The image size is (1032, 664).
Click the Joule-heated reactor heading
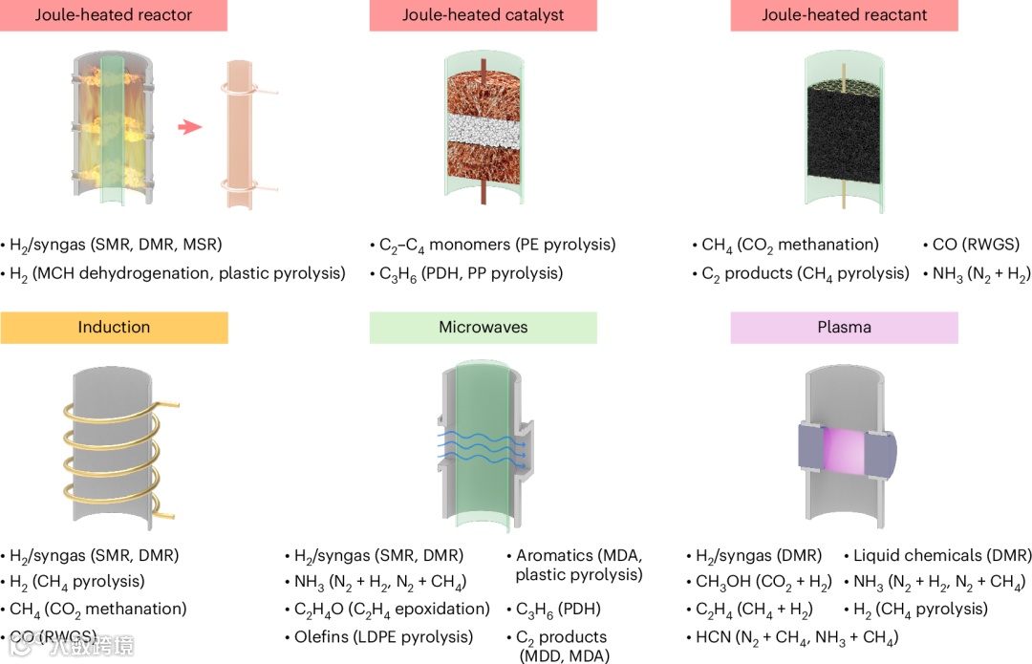pyautogui.click(x=114, y=15)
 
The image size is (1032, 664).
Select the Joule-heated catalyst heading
pyautogui.click(x=483, y=15)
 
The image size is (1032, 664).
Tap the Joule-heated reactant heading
pyautogui.click(x=844, y=15)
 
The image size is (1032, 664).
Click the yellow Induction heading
pyautogui.click(x=114, y=328)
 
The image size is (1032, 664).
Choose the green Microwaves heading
pyautogui.click(x=483, y=328)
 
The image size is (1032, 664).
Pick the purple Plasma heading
pyautogui.click(x=844, y=328)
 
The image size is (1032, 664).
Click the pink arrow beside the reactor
pyautogui.click(x=190, y=127)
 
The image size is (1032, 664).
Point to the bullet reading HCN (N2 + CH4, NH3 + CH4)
pyautogui.click(x=791, y=637)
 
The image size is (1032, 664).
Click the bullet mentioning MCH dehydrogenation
pyautogui.click(x=177, y=274)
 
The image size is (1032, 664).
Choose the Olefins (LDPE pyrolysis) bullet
pyautogui.click(x=383, y=637)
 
